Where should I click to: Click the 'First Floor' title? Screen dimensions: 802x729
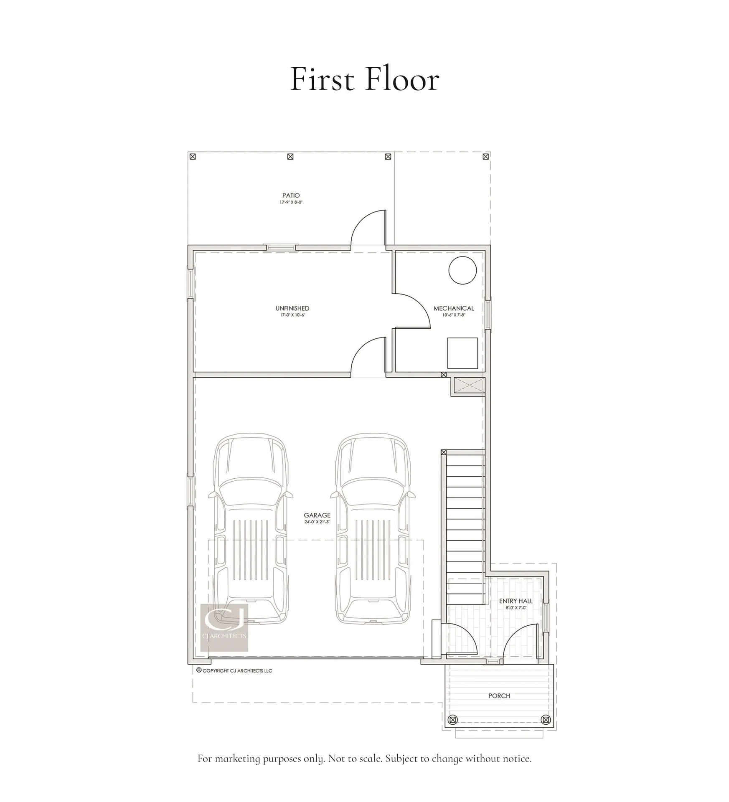point(364,79)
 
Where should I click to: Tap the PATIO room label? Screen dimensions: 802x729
point(291,195)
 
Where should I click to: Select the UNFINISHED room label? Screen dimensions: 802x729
point(292,308)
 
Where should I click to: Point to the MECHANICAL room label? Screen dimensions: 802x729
point(453,308)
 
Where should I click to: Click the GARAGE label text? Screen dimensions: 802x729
point(317,515)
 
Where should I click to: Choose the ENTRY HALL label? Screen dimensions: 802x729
point(516,601)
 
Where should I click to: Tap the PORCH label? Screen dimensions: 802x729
point(499,695)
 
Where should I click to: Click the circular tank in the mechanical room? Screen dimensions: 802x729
point(462,270)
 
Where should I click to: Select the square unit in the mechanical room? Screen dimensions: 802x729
point(462,353)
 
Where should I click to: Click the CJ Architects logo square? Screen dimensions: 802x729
point(224,627)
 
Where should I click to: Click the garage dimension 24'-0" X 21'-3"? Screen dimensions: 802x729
point(317,522)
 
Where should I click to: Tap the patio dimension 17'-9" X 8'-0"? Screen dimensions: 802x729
point(291,202)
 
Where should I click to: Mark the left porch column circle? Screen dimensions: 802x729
point(452,720)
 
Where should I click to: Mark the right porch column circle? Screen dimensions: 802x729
point(545,720)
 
